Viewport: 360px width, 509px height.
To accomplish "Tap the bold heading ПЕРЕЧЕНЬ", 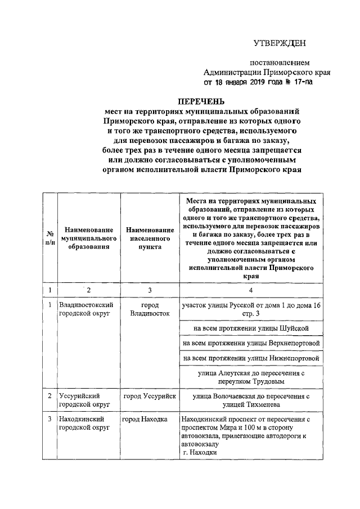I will pyautogui.click(x=201, y=102).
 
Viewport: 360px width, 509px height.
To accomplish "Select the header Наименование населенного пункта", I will pyautogui.click(x=149, y=238).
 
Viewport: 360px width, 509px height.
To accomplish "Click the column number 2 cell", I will pyautogui.click(x=88, y=290).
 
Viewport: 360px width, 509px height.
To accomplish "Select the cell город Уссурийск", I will pyautogui.click(x=150, y=397).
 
